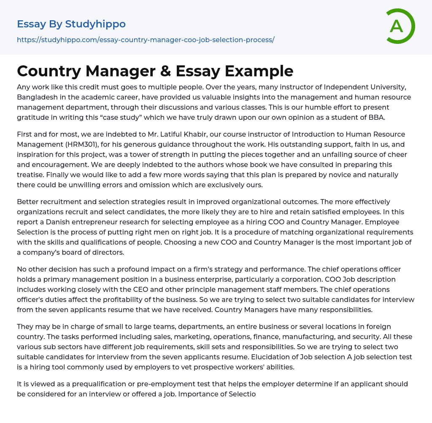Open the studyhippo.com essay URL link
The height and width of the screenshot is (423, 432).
coord(146,40)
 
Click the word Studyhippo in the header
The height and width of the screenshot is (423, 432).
coord(95,24)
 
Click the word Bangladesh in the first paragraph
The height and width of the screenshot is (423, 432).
coord(37,97)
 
